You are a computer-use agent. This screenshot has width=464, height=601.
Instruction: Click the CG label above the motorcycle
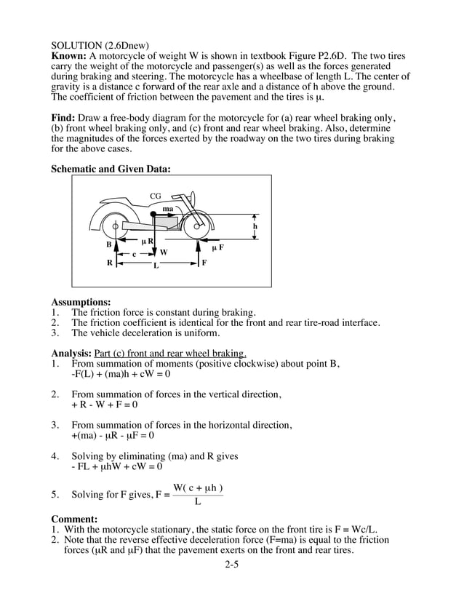tap(156, 196)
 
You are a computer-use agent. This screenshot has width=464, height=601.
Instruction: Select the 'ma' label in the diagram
tap(168, 209)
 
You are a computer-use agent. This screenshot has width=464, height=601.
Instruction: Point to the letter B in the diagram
tap(108, 245)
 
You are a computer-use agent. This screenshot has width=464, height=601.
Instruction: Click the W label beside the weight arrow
tap(164, 252)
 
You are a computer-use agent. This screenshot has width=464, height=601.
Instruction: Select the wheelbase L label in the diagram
tap(154, 266)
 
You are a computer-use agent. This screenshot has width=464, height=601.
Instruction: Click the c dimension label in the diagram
tap(134, 254)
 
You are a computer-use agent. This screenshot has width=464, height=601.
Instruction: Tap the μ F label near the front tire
tap(217, 247)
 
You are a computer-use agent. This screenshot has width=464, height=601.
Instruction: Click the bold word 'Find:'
tap(64, 118)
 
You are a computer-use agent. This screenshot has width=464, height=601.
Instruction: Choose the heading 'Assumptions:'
tap(81, 301)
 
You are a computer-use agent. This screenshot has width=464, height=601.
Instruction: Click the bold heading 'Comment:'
tap(74, 519)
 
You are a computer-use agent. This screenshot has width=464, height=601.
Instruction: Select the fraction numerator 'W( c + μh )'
tap(198, 487)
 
